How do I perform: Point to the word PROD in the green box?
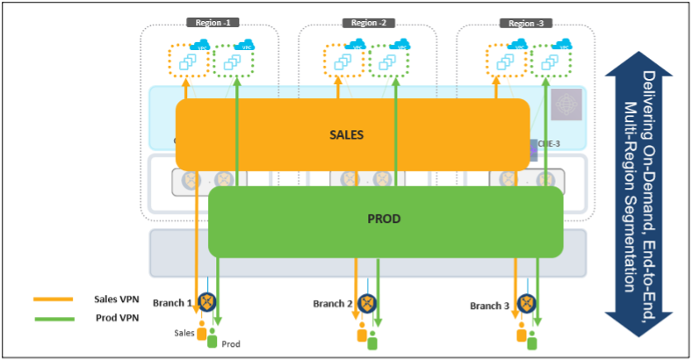click(x=385, y=218)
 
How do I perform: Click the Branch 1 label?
click(x=172, y=303)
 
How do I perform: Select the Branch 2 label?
click(x=333, y=304)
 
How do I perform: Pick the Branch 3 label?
click(x=489, y=306)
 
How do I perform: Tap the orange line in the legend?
click(x=53, y=299)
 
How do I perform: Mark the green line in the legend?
click(x=53, y=317)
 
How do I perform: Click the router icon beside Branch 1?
click(x=208, y=302)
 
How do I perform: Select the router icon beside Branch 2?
click(x=367, y=303)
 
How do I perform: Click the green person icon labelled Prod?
click(x=212, y=337)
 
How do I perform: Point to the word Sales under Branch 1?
click(x=184, y=333)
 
